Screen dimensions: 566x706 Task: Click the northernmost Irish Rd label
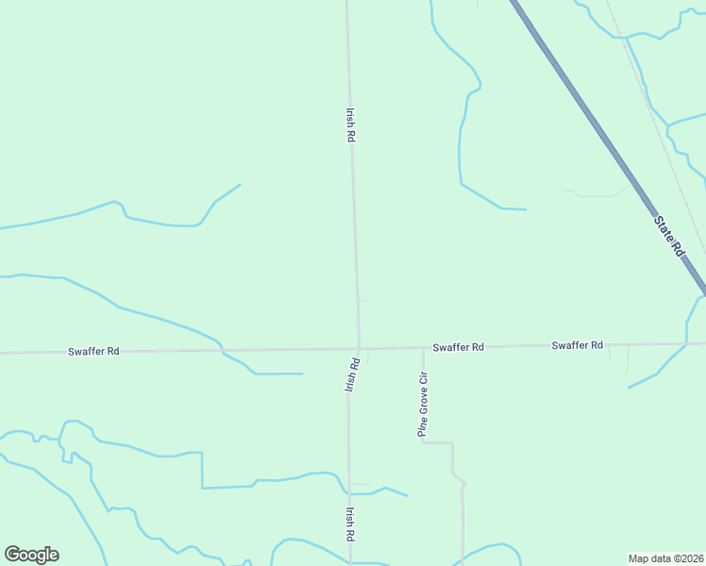[x=350, y=124]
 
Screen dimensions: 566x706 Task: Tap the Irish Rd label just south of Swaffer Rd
[x=352, y=374]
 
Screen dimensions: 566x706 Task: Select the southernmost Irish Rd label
[x=349, y=524]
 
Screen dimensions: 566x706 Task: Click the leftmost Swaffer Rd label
[x=93, y=351]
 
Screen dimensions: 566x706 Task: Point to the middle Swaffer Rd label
[x=458, y=347]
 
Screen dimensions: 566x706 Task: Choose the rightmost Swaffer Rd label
[x=577, y=345]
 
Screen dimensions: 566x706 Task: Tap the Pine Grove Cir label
[x=424, y=404]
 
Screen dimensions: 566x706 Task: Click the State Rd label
[x=668, y=235]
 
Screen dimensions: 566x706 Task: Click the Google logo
[x=31, y=555]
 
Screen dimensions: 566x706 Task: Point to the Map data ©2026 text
[x=665, y=558]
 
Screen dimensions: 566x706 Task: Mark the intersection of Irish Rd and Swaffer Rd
[x=359, y=348]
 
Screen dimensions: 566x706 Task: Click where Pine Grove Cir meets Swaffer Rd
[x=423, y=347]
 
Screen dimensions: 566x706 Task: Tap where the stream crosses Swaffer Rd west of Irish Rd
[x=222, y=350]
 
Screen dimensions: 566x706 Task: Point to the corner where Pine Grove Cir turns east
[x=423, y=441]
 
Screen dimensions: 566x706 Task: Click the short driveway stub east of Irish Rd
[x=362, y=300]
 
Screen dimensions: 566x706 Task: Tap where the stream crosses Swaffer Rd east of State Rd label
[x=686, y=343]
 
